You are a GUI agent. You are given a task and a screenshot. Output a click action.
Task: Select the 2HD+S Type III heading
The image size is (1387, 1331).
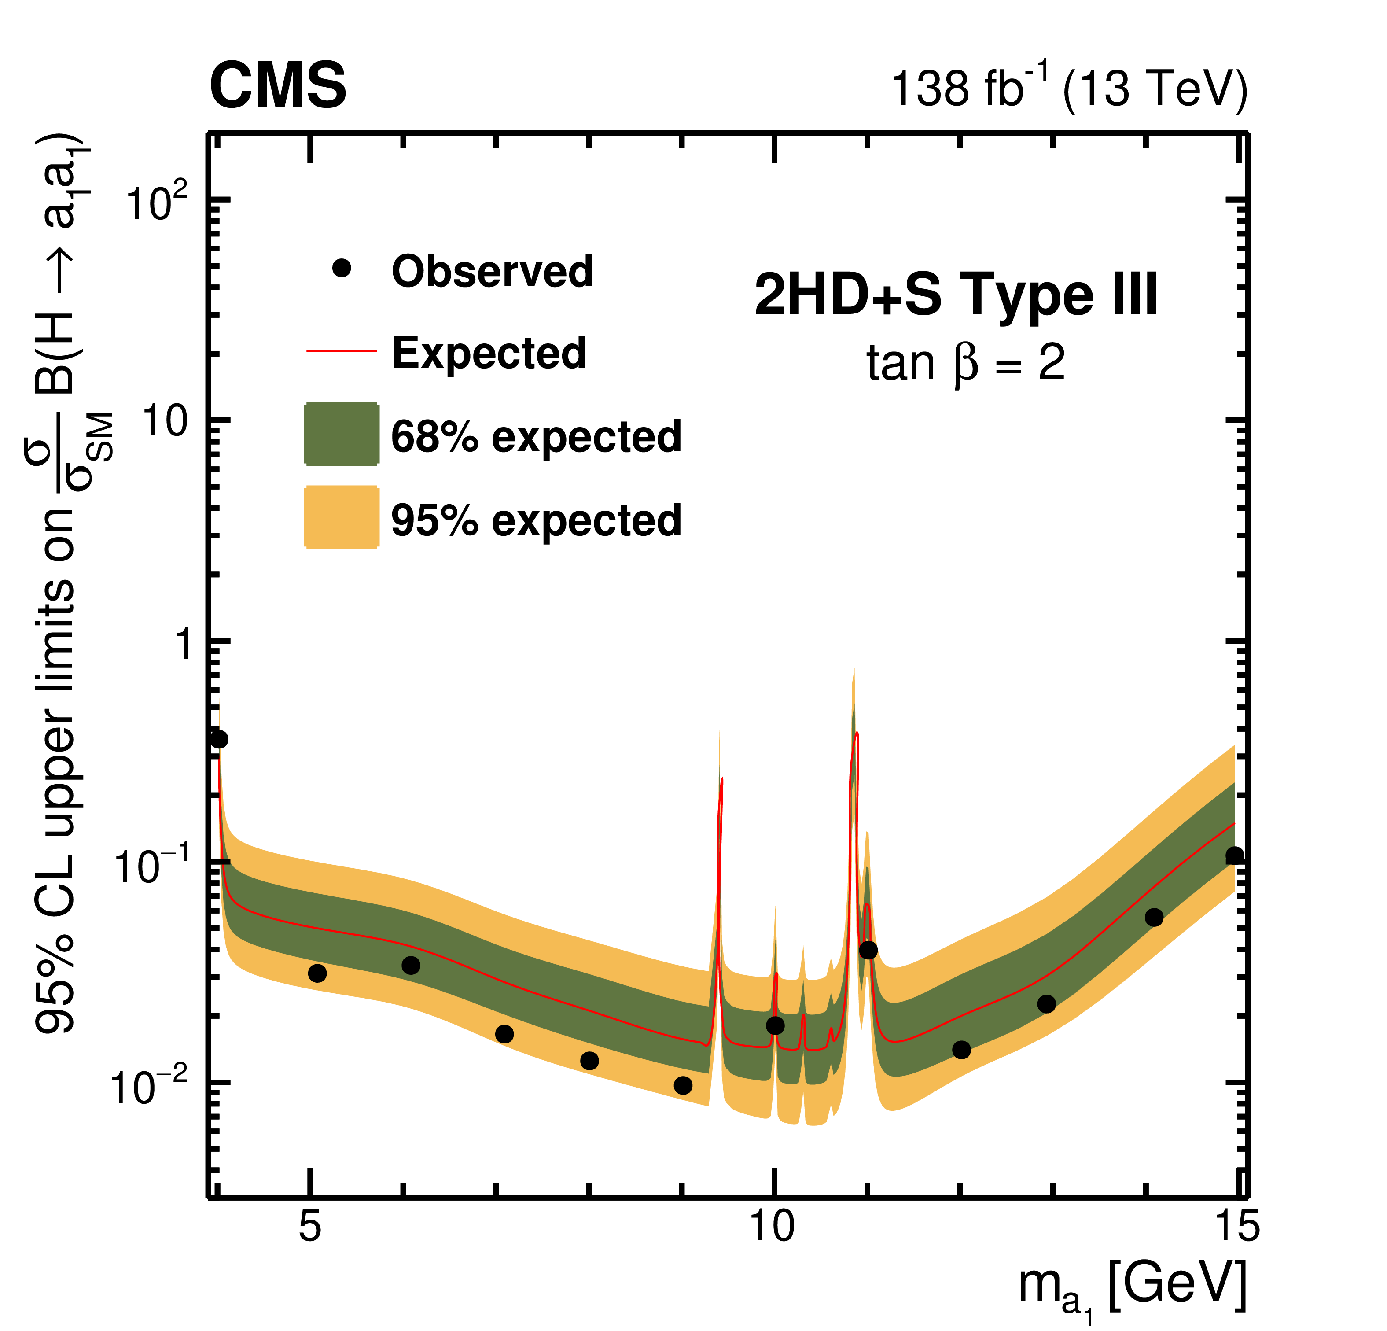(x=955, y=294)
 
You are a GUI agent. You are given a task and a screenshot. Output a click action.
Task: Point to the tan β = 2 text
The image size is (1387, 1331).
(x=965, y=364)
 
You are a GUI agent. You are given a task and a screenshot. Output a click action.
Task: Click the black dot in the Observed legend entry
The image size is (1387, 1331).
(x=342, y=268)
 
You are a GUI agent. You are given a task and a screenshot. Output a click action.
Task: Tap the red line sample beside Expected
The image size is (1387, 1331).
(x=341, y=350)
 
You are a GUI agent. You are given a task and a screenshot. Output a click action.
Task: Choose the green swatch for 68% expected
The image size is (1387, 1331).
(x=341, y=434)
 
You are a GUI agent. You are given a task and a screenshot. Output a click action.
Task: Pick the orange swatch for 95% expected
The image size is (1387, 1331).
(x=341, y=517)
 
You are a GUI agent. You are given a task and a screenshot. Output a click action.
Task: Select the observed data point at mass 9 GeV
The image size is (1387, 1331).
(x=683, y=1085)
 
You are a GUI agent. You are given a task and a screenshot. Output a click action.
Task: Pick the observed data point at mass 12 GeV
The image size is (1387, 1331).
(x=961, y=1050)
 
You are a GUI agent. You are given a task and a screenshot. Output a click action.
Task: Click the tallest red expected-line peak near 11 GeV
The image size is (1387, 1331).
(x=857, y=734)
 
